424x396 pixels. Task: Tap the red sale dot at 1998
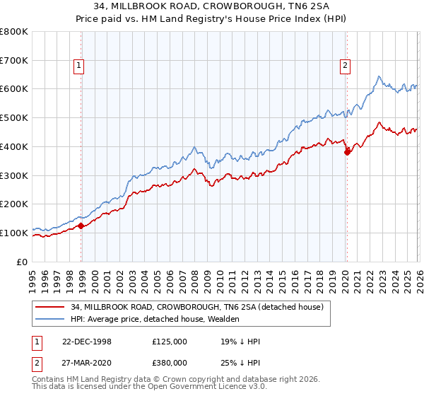81,226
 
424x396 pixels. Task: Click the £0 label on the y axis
23,262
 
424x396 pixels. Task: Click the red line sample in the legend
51,307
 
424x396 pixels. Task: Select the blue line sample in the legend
51,319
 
